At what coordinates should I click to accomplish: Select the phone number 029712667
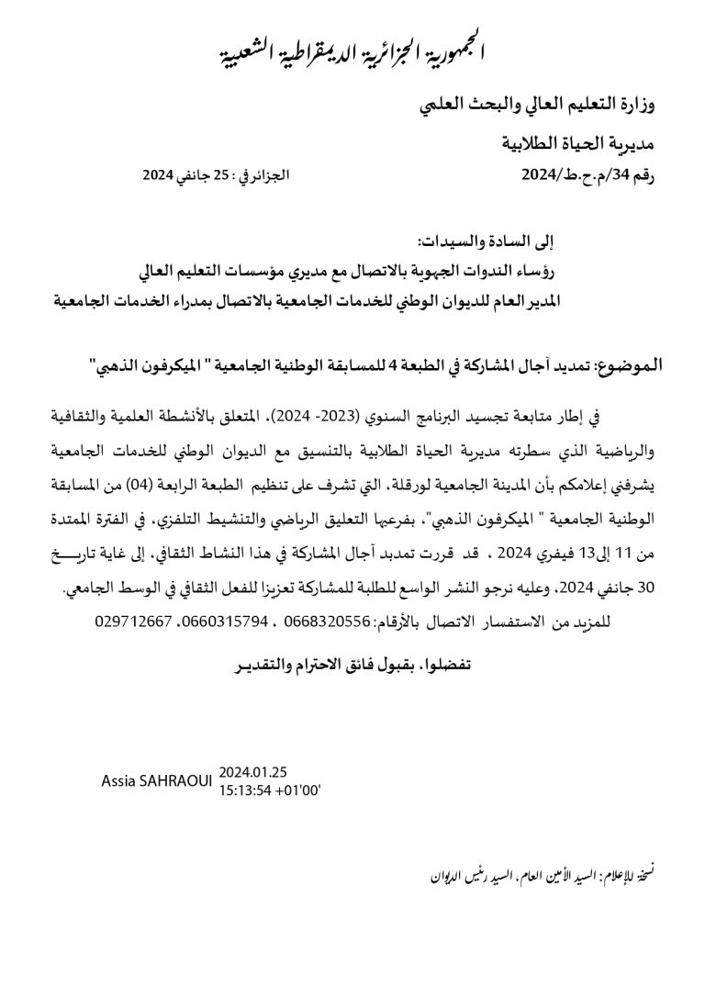click(x=133, y=622)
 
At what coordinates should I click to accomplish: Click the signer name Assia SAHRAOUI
click(x=158, y=780)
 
